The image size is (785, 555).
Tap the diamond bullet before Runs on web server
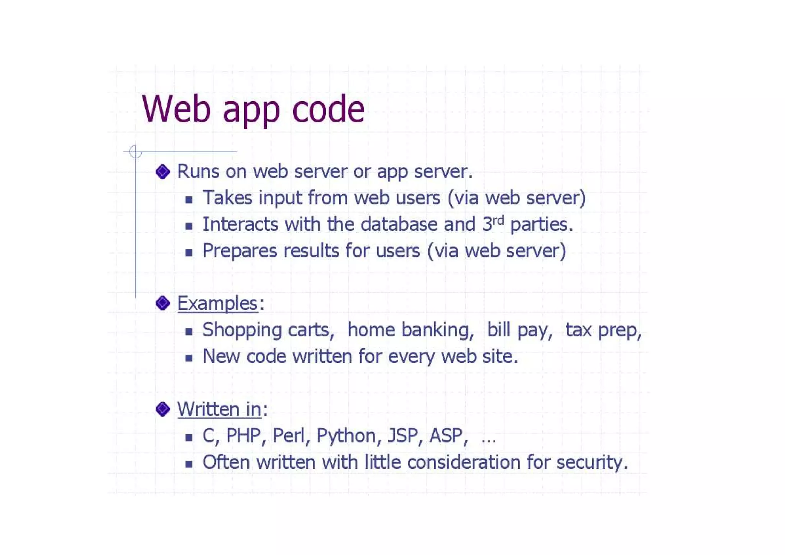pos(163,171)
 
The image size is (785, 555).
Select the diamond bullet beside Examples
pos(163,303)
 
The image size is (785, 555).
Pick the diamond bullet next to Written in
pos(163,409)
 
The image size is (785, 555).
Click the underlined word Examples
pos(217,303)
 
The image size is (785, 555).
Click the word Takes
pos(227,198)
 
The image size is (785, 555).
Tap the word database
pos(399,224)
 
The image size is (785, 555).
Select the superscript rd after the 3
pos(498,220)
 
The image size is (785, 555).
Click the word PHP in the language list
pos(244,436)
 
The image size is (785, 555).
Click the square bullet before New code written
pos(189,358)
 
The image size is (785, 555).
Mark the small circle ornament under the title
pos(135,152)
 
